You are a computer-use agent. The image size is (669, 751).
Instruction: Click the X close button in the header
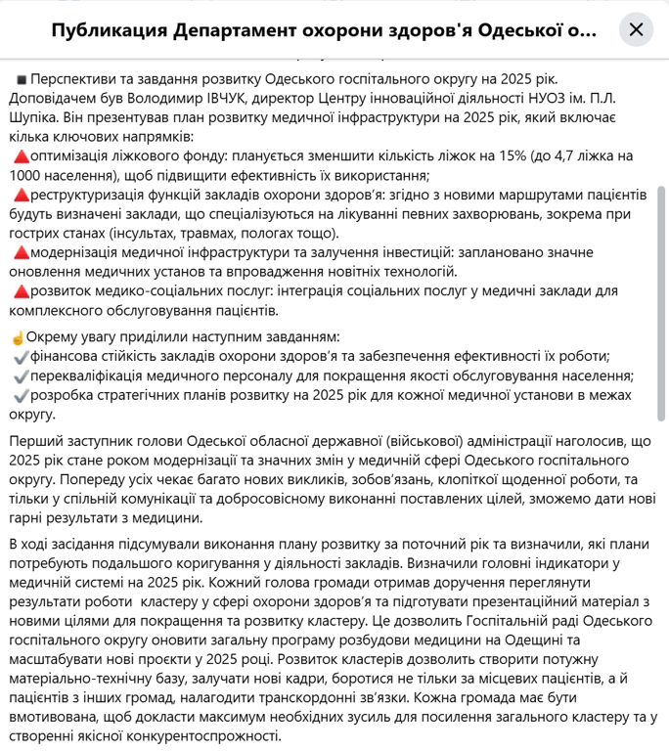636,29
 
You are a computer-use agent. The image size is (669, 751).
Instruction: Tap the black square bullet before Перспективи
21,78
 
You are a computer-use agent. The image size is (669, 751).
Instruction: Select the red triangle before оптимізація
21,156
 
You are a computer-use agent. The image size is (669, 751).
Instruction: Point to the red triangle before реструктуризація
21,196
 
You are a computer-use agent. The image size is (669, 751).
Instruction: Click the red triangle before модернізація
21,252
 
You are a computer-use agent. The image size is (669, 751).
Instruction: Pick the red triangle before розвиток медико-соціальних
21,291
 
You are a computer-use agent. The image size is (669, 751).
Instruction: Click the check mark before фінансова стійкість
21,356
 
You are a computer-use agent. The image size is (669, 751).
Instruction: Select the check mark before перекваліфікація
21,375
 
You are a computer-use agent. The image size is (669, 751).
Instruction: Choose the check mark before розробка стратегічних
21,395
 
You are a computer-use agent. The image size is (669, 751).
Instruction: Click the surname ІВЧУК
268,98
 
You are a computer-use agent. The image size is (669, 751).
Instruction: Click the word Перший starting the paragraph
37,443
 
